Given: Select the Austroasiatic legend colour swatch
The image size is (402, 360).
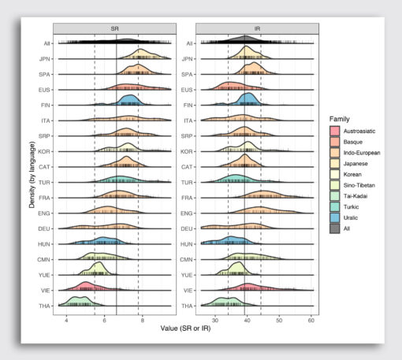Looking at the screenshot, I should pyautogui.click(x=335, y=130).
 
